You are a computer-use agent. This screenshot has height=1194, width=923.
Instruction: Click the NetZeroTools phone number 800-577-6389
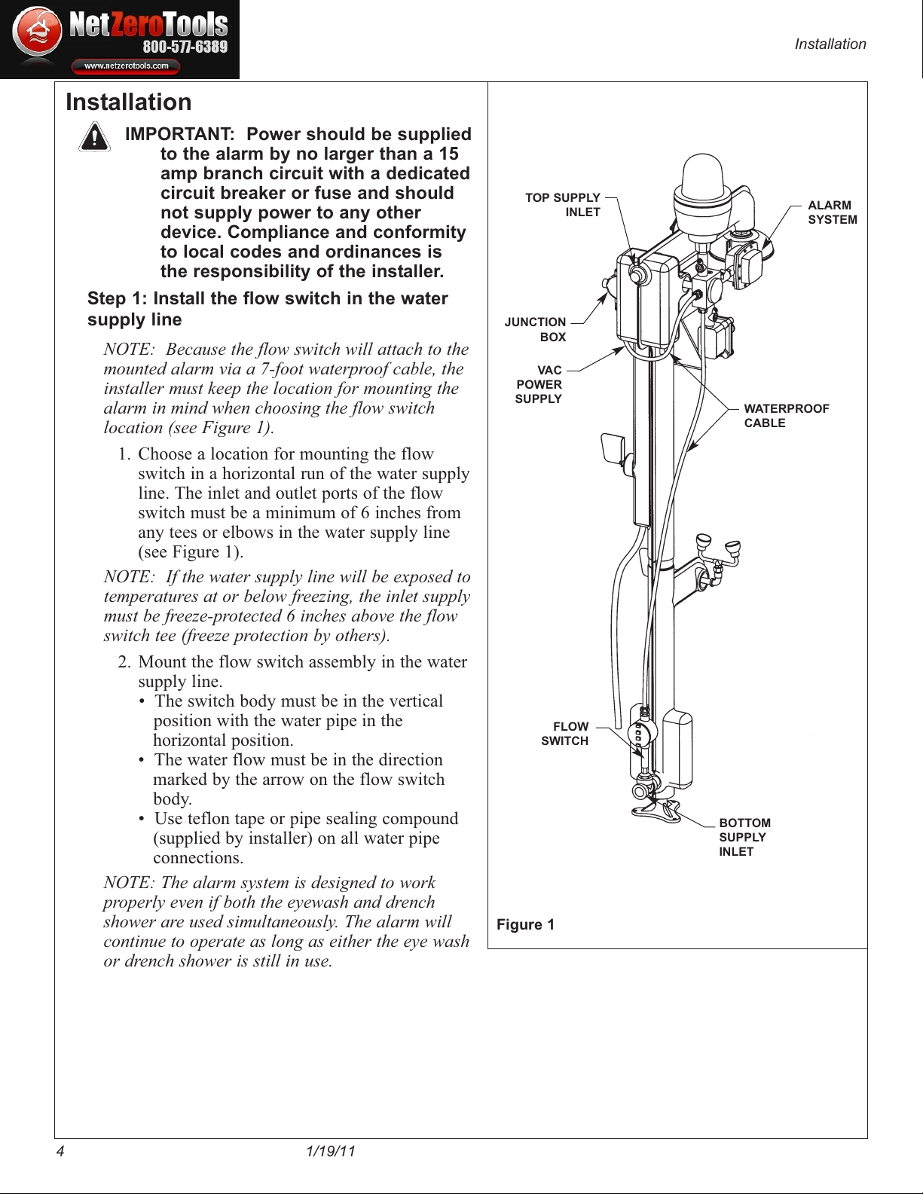point(185,47)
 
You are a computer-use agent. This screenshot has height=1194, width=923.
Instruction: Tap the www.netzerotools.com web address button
point(126,66)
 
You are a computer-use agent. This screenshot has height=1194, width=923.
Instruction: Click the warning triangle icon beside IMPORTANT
point(94,137)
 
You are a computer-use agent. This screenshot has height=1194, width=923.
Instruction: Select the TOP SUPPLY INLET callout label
point(563,205)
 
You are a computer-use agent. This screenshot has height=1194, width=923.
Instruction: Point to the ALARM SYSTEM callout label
point(832,212)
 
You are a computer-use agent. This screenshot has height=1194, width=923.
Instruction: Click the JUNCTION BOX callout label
point(535,329)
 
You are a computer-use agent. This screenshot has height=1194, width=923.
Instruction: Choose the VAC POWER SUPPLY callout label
point(539,385)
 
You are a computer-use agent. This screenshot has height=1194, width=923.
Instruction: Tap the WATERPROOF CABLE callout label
point(786,416)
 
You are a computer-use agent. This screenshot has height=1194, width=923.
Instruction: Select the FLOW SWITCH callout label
point(565,734)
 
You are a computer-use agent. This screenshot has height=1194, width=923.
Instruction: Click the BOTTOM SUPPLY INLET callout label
point(744,837)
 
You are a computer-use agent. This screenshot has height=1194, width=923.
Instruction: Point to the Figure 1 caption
point(525,924)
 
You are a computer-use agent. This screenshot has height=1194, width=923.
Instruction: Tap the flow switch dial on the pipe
point(642,733)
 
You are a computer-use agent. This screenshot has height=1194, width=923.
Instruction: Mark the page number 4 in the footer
point(60,1151)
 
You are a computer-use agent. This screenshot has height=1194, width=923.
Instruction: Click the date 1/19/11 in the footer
point(331,1151)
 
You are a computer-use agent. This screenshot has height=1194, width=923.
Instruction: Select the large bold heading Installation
point(129,102)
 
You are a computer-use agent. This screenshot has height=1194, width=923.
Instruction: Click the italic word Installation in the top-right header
point(830,44)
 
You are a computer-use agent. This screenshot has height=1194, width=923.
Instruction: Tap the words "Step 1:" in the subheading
point(118,298)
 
